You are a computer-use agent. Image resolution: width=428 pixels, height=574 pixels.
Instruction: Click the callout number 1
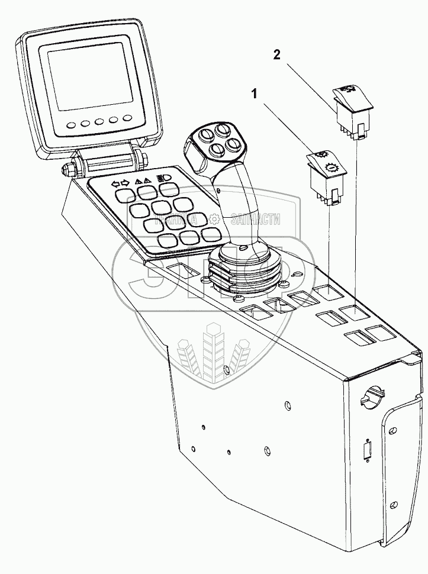pos(254,93)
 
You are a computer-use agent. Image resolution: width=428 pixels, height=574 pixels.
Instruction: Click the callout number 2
pos(276,55)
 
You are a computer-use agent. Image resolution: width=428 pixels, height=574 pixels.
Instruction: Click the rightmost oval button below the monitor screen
pos(125,120)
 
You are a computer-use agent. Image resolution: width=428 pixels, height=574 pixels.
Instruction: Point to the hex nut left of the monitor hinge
pos(65,169)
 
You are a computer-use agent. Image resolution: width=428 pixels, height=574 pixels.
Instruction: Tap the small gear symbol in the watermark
pos(212,221)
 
